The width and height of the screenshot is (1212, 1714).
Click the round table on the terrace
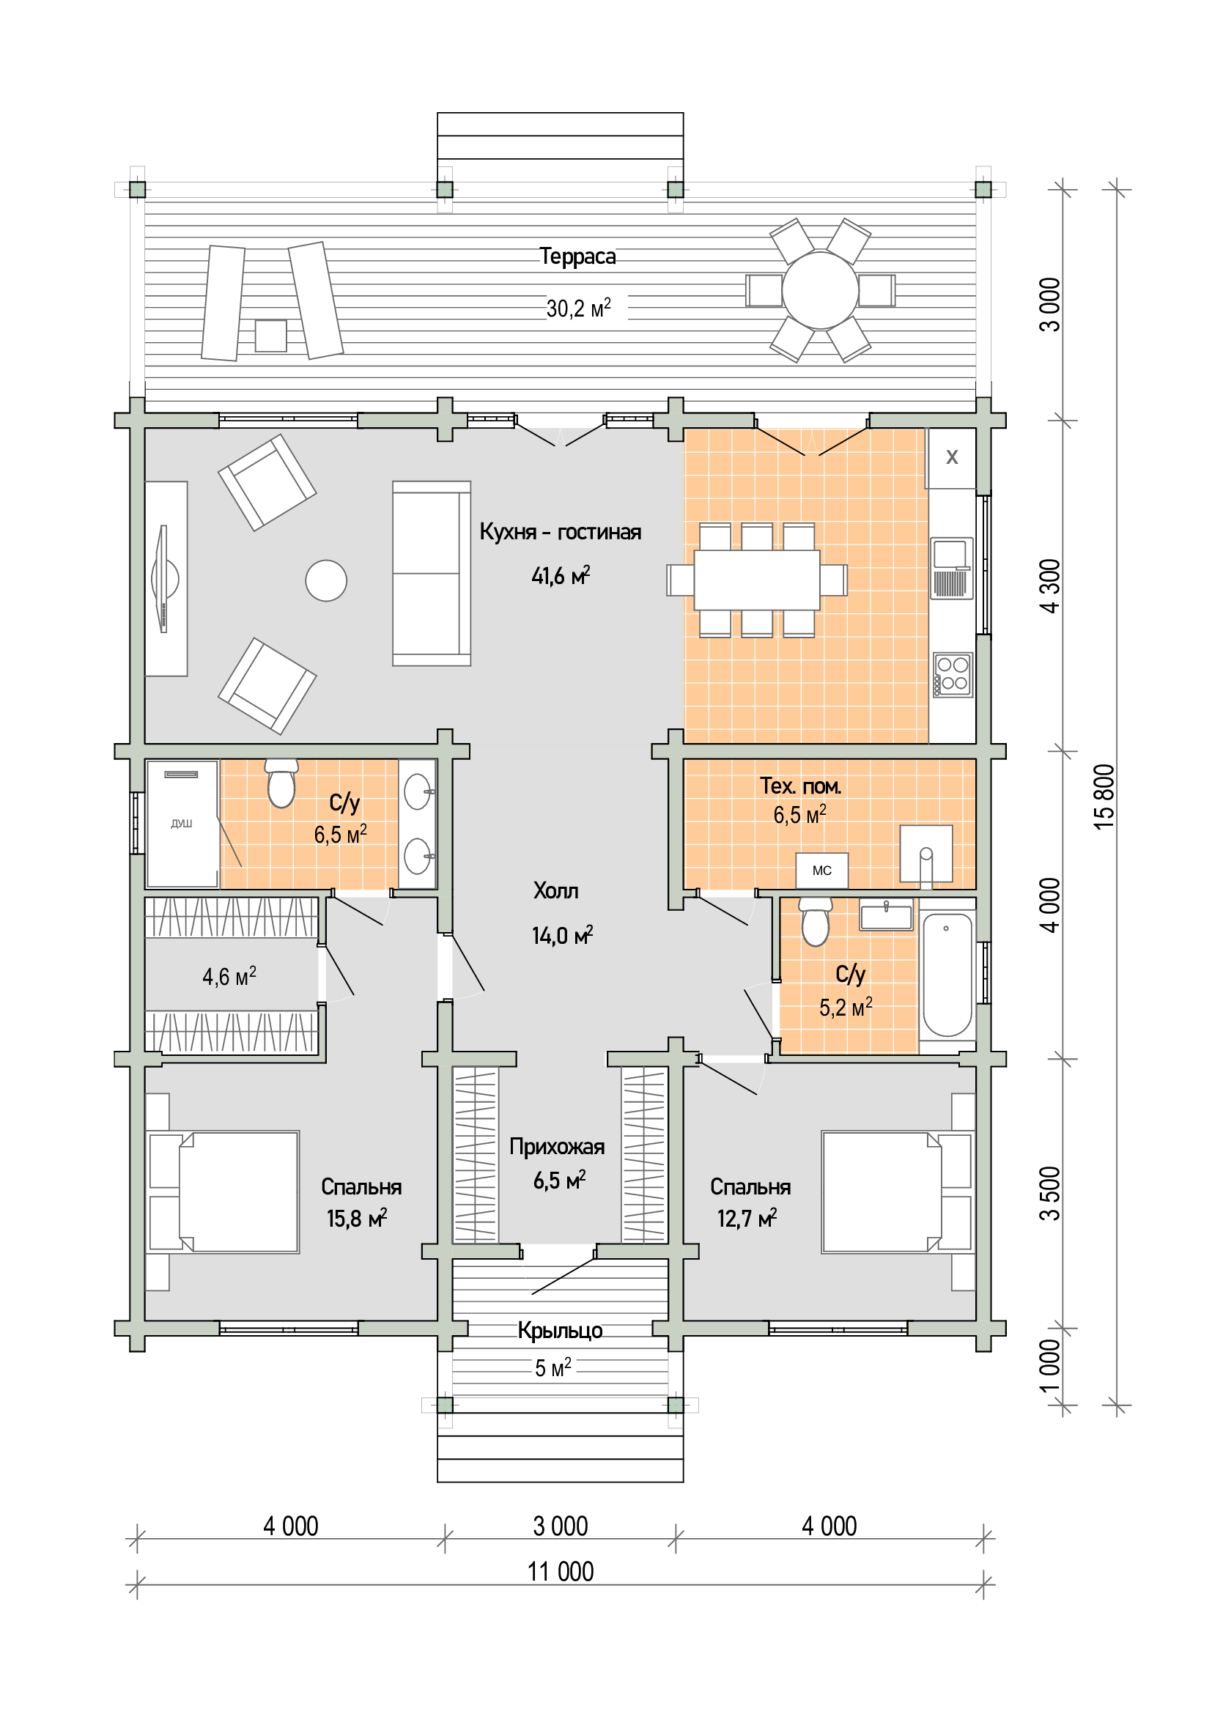[x=819, y=290]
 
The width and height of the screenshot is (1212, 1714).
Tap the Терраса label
[x=577, y=256]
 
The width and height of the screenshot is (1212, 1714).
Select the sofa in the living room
[x=432, y=573]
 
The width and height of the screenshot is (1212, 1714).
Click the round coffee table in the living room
[x=326, y=580]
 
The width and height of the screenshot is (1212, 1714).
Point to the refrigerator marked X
[x=951, y=457]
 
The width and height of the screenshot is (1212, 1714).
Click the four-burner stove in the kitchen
[x=953, y=675]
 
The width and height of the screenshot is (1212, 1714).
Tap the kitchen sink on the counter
[x=952, y=568]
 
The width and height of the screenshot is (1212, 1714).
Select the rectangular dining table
[x=757, y=580]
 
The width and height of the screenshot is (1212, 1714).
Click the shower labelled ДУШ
[x=182, y=824]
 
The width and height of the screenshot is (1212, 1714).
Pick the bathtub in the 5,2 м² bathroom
[x=947, y=975]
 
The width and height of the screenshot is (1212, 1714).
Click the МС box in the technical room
[x=821, y=871]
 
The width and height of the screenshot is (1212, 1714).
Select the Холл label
[x=556, y=890]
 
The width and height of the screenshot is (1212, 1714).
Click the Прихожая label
[x=557, y=1147]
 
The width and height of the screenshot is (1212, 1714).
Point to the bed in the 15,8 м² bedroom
[x=224, y=1192]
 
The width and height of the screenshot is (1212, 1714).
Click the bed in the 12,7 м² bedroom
[x=898, y=1192]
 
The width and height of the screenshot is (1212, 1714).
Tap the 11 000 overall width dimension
[x=561, y=1571]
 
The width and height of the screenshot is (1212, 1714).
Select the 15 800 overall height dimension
[x=1104, y=797]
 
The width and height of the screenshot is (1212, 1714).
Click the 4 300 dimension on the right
[x=1049, y=586]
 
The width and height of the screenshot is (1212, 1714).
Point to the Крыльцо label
[x=561, y=1330]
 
